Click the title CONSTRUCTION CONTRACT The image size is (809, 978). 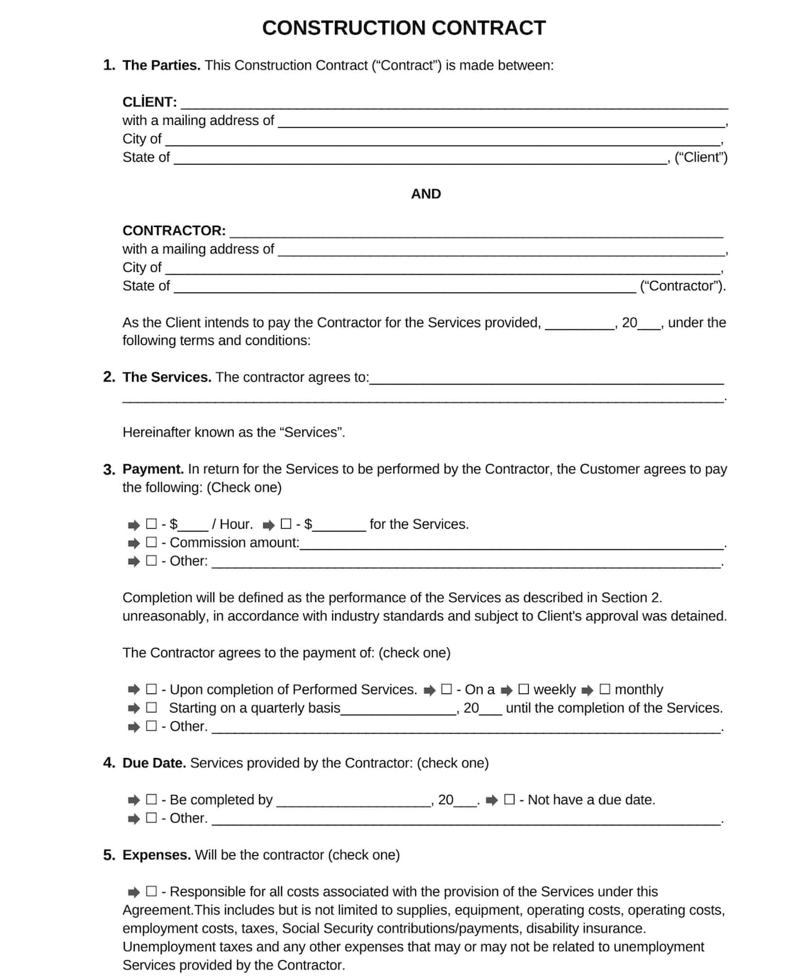404,28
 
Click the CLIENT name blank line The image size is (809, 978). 454,104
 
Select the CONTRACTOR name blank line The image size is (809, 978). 475,232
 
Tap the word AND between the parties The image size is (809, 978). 426,194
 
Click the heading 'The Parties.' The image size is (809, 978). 161,65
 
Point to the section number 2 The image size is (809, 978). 109,377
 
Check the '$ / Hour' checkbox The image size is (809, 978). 151,524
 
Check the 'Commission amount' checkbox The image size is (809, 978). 151,542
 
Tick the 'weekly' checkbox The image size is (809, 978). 524,689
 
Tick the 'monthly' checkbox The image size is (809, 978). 605,689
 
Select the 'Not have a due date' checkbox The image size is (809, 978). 510,799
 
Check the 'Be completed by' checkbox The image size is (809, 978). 151,799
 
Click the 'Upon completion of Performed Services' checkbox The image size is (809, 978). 151,689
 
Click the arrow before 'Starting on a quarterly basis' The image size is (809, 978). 133,708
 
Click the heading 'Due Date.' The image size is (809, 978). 154,763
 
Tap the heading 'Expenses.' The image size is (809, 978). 156,855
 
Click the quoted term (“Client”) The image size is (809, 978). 700,158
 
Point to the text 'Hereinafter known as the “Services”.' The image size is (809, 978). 233,432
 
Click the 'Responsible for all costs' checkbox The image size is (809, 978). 151,891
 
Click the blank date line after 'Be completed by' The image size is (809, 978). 353,802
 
